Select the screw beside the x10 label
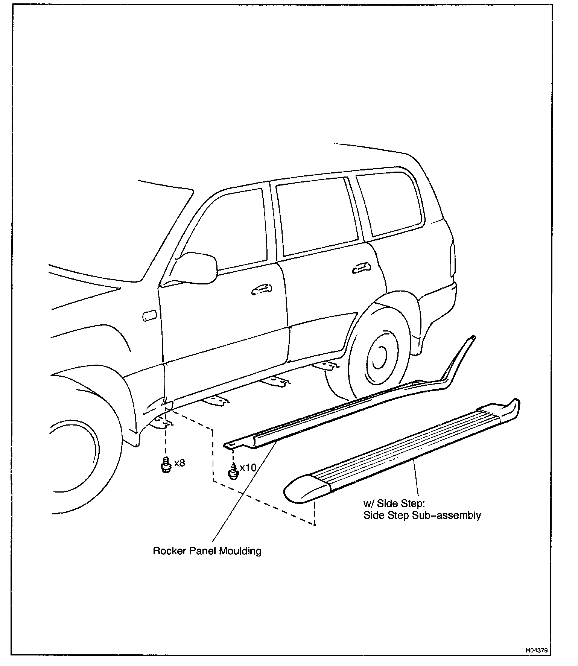point(233,472)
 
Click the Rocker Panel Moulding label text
point(207,551)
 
